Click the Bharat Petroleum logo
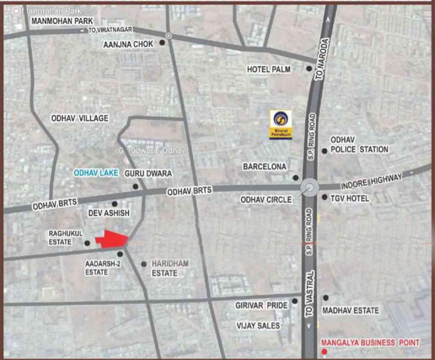click(280, 124)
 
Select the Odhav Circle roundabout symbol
click(310, 188)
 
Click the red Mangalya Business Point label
click(370, 343)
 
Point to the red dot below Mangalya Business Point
click(324, 352)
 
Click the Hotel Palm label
click(269, 69)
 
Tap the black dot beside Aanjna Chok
click(162, 43)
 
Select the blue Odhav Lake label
click(96, 173)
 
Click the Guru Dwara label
click(148, 173)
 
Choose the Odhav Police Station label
click(359, 145)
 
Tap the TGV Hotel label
click(349, 198)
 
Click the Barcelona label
click(265, 166)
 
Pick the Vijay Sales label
click(258, 325)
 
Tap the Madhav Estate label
click(350, 310)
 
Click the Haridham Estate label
click(170, 268)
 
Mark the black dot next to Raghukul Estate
click(87, 243)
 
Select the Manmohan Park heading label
click(62, 21)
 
